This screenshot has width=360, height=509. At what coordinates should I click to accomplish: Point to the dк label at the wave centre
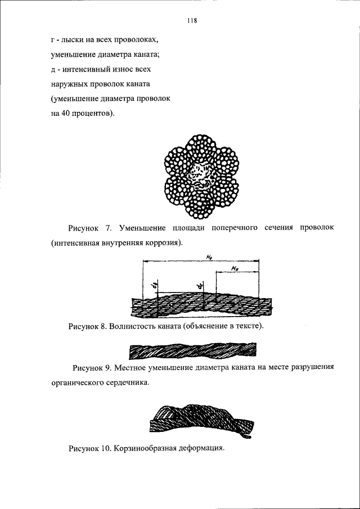pos(200,287)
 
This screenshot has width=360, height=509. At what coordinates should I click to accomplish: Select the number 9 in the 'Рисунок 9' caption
pos(110,369)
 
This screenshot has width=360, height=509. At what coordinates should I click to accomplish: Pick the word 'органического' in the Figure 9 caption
pos(79,384)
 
